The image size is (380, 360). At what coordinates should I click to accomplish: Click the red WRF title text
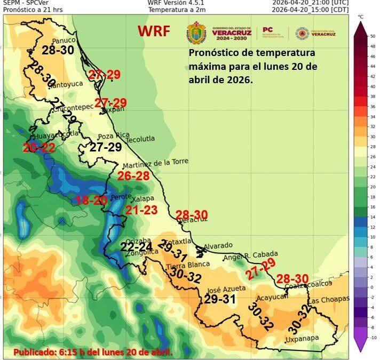154,31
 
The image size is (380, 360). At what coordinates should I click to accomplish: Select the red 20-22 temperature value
38,148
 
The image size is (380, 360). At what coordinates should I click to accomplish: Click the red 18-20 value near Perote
92,201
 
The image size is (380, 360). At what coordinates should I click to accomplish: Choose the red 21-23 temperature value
141,211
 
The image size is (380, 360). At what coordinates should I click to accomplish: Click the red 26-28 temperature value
133,176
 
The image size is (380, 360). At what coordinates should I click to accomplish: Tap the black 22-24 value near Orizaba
136,246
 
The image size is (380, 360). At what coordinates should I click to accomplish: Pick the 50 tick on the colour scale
373,36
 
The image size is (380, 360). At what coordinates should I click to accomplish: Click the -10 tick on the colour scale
373,338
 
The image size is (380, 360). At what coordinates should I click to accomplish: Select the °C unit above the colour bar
360,17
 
